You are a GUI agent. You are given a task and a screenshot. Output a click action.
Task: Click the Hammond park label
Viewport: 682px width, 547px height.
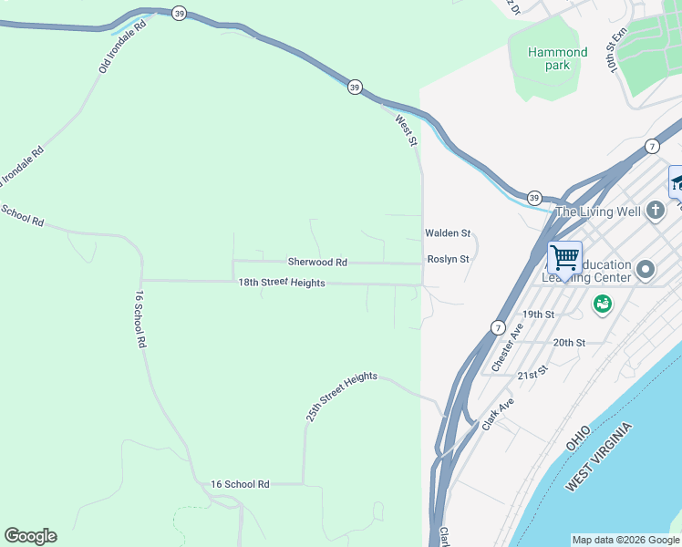(557, 58)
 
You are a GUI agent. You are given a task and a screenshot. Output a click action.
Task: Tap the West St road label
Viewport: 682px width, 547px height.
(407, 130)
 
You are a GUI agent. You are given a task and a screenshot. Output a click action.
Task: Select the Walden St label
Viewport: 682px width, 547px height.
(447, 234)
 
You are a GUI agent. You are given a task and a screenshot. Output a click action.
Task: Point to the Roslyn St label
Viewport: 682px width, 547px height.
(447, 260)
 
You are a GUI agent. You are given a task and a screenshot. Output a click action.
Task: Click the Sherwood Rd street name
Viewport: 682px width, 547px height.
(317, 263)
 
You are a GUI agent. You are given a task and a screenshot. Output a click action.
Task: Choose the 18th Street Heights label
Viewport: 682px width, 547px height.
(282, 284)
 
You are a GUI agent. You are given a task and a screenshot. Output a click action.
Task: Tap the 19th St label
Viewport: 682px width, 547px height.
(538, 315)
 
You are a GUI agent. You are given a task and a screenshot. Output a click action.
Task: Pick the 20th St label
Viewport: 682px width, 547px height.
(569, 343)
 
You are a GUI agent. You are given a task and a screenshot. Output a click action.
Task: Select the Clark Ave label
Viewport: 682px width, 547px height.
(498, 414)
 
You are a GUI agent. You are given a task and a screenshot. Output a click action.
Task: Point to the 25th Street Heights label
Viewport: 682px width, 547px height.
(341, 397)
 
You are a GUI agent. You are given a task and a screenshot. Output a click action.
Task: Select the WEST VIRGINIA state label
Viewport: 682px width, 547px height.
(598, 458)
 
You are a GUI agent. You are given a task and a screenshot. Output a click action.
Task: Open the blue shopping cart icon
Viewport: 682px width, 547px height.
(564, 257)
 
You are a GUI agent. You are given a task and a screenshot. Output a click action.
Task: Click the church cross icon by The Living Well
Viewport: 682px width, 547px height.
(655, 212)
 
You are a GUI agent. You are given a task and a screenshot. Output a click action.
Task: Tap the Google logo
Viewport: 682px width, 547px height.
(30, 536)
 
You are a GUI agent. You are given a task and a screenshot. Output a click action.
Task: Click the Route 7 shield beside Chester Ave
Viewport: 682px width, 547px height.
(497, 326)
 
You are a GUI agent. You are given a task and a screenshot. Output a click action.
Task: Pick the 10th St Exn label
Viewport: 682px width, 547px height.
(620, 50)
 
